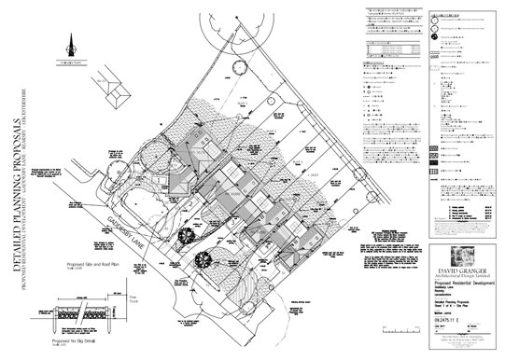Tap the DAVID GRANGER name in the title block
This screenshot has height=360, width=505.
(x=465, y=270)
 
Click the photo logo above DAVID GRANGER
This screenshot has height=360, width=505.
(x=465, y=255)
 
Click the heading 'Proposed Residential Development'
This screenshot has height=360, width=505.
(x=465, y=285)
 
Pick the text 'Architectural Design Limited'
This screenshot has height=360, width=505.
(x=465, y=277)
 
